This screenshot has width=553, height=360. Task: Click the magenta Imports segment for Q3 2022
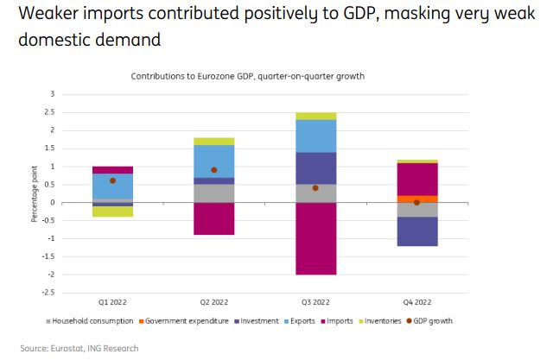[x=315, y=238]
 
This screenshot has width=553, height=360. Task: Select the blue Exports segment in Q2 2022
[x=213, y=161]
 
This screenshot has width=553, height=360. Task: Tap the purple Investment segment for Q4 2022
[x=416, y=231]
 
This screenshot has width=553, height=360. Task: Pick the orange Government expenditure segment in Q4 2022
[x=416, y=199]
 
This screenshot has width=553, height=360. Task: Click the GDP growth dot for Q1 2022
[x=113, y=180]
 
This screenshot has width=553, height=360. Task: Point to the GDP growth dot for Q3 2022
[x=315, y=187]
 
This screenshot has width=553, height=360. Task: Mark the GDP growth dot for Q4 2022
[x=416, y=202]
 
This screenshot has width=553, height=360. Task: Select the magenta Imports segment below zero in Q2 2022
[x=213, y=218]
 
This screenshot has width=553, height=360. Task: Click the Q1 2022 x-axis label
[x=113, y=303]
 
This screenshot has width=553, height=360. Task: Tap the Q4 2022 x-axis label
[x=416, y=303]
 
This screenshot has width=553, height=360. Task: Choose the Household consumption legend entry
[x=91, y=321]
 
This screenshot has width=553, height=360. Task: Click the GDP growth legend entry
[x=431, y=321]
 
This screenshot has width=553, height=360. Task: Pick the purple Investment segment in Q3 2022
[x=315, y=167]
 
